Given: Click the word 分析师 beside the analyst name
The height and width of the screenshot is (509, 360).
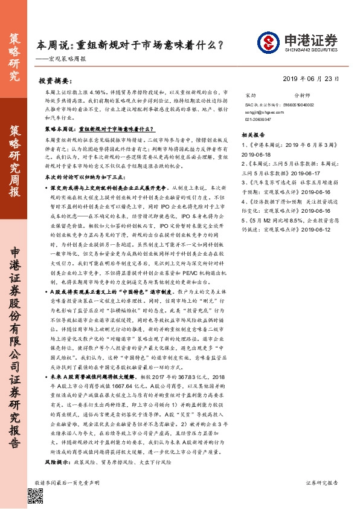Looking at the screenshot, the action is [x=302, y=96].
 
